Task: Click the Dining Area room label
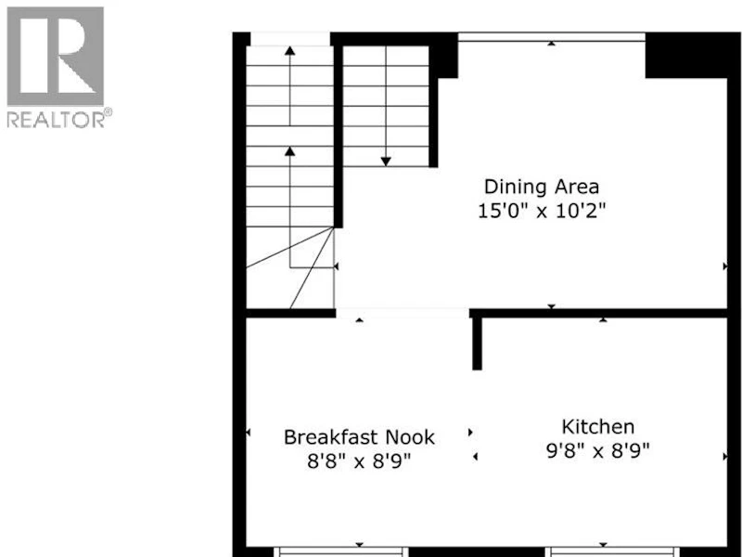tap(542, 187)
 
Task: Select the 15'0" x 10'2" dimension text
tap(542, 211)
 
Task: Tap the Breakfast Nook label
tap(359, 437)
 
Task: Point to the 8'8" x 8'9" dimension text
tap(359, 460)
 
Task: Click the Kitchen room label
tap(597, 427)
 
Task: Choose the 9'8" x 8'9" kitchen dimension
tap(597, 450)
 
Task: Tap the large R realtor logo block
tap(56, 56)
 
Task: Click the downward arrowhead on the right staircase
tap(386, 162)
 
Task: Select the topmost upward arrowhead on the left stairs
tap(290, 50)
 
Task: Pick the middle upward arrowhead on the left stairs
tap(290, 151)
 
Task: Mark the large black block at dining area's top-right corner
tap(686, 56)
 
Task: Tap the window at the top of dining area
tap(551, 37)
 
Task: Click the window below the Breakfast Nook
tap(340, 552)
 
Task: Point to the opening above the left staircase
tap(290, 39)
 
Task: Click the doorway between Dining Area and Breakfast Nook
tap(403, 313)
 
